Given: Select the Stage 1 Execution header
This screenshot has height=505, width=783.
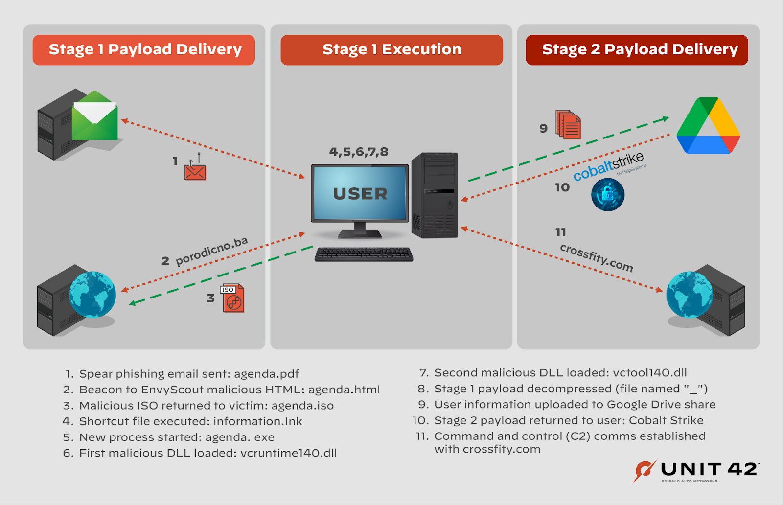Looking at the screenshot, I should coord(391,49).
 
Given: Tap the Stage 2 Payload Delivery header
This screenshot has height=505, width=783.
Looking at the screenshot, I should coord(637,49).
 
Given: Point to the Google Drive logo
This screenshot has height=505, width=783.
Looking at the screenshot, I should coord(708,126).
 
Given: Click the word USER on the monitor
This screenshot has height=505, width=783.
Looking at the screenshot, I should coord(360,194).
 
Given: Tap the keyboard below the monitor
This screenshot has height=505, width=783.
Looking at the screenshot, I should coord(364,254).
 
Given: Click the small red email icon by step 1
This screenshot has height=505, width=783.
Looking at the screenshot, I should coord(195,170).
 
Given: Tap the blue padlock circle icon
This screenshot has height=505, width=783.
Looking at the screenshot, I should coord(607,195).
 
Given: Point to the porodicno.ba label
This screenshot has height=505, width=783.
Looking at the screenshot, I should coord(211,251).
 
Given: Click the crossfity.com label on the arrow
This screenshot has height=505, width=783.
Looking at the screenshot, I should coord(596,258).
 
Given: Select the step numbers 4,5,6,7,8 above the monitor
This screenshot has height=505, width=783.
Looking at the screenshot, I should coord(359,152).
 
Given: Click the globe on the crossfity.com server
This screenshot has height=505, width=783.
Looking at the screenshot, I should coord(689,294).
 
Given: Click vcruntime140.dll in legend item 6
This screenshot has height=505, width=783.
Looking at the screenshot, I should coord(288,453).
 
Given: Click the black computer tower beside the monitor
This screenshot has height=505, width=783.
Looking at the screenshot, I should coord(435,196).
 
